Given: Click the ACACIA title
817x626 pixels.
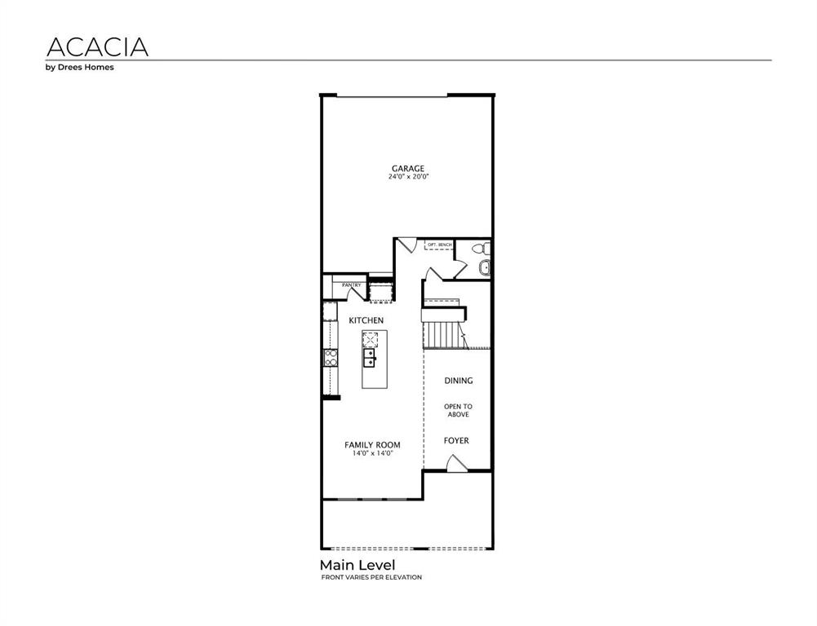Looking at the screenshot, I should coord(97,46).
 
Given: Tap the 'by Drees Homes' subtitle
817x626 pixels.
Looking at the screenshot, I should coord(79,68).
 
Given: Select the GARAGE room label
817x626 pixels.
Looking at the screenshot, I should coord(407,169).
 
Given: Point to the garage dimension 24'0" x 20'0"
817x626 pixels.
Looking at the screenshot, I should coord(408,177).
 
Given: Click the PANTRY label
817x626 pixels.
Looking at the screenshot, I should coord(351,284).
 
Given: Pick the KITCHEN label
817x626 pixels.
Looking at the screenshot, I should coord(366,320).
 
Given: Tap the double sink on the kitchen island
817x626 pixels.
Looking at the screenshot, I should coord(370,357).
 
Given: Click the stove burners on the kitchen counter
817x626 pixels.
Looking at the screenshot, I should coord(331,356).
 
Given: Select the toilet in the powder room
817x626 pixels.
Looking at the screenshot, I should coord(483,249).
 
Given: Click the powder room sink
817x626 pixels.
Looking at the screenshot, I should coord(484,267).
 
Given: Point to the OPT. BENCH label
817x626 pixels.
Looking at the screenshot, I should coord(439,245).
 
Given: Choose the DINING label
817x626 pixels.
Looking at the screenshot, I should coord(458,381).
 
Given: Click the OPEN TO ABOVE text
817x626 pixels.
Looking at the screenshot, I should coord(458,410).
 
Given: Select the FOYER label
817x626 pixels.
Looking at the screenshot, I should coord(456,441).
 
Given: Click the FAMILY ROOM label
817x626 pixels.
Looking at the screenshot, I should coord(372,445).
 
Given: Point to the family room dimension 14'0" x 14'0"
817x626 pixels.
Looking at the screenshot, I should coord(372,453).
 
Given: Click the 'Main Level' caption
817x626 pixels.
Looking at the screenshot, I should coord(357,565).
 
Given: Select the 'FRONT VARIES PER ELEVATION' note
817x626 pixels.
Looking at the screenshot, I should coord(371,577).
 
